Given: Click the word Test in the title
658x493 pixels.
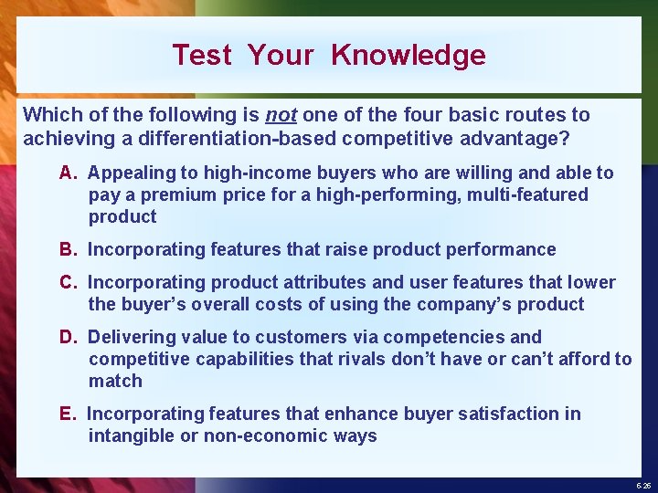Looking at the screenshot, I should [202, 55].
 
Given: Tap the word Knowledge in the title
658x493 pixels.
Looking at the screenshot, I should [409, 55].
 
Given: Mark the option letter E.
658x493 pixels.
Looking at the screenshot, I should [66, 414].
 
